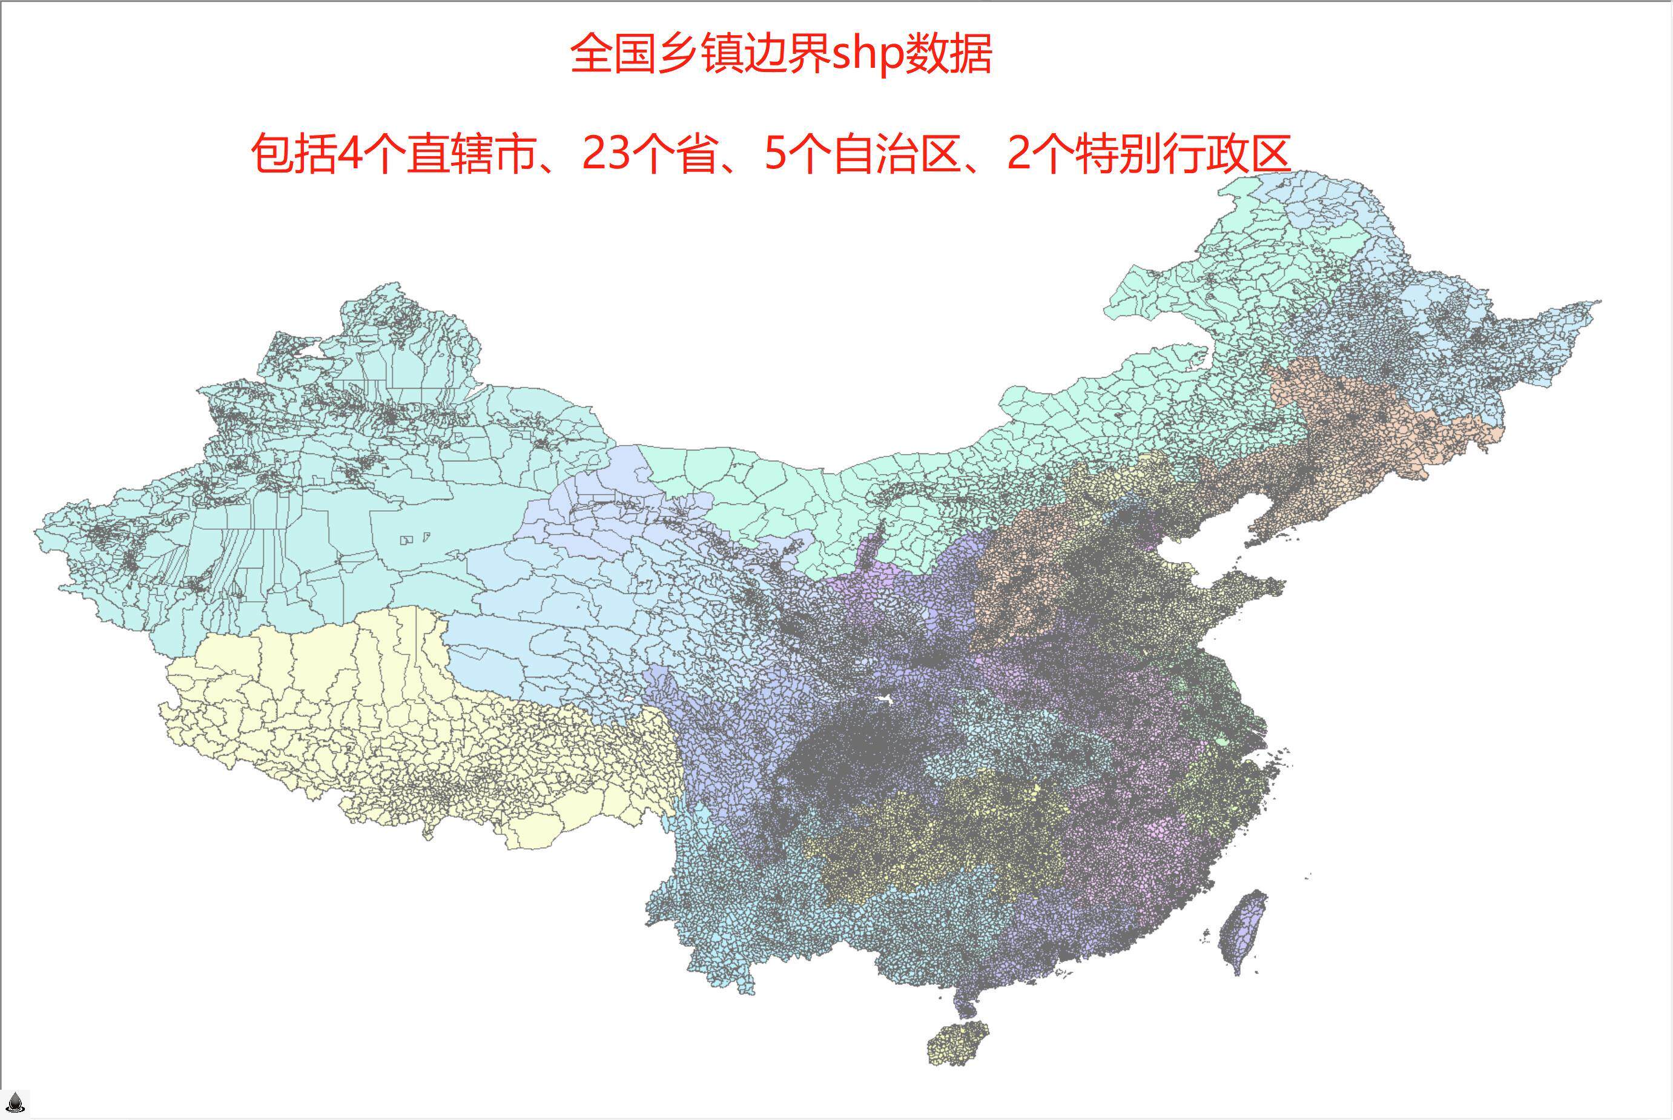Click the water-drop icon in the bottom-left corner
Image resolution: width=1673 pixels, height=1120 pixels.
(15, 1103)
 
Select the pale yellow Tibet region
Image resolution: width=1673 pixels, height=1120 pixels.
(400, 722)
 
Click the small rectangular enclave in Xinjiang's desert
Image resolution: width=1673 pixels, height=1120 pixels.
(407, 540)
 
